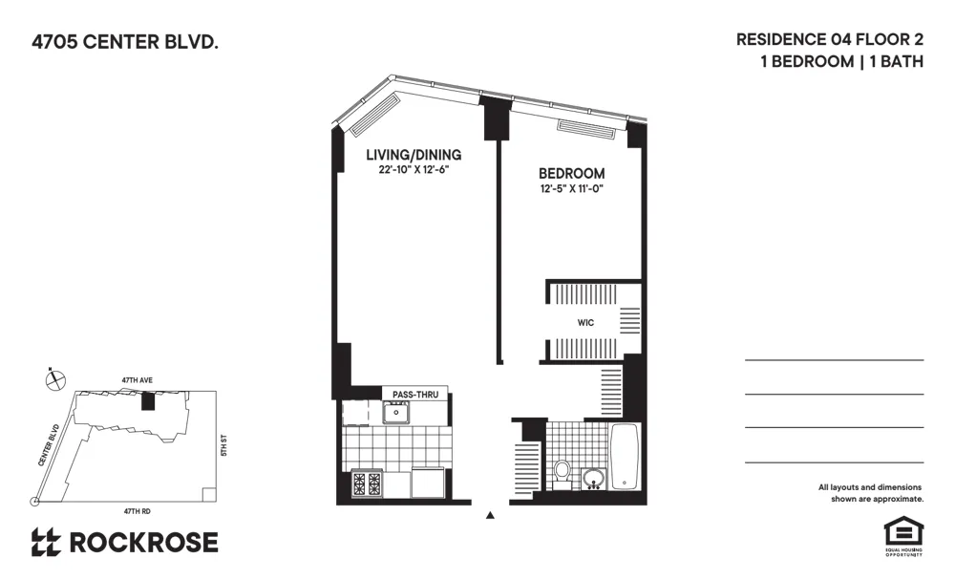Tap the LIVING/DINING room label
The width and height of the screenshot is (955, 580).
tap(414, 155)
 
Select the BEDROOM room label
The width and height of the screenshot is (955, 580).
tap(572, 173)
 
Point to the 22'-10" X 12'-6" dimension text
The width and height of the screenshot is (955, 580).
tap(414, 170)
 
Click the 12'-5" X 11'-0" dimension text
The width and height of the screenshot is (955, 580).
tap(572, 188)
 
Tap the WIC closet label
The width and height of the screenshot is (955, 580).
tap(585, 323)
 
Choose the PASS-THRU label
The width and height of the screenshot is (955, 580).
tap(408, 394)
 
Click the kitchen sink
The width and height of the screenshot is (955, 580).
tap(394, 412)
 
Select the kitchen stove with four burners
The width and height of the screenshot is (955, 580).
tap(369, 483)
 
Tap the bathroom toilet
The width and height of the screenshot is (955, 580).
tap(562, 472)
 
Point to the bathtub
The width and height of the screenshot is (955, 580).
tap(625, 457)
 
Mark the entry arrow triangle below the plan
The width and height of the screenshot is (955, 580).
tap(491, 516)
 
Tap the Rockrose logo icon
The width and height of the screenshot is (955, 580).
tap(46, 542)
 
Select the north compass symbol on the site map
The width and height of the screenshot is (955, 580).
tap(56, 379)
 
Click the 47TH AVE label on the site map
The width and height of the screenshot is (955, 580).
tap(137, 380)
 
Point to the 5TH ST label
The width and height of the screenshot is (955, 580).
tap(223, 445)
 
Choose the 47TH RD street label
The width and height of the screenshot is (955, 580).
tap(138, 511)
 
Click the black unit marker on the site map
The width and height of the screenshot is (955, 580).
tap(147, 399)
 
